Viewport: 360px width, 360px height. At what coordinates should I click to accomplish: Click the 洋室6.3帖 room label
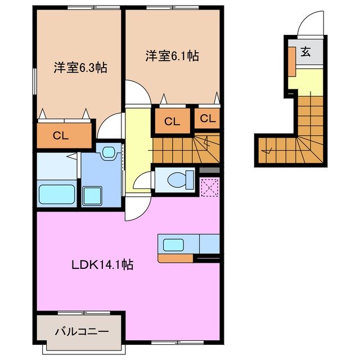(x=80, y=67)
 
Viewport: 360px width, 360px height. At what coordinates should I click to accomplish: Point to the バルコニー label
(x=81, y=331)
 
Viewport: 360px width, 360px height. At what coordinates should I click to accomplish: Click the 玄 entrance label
(x=305, y=52)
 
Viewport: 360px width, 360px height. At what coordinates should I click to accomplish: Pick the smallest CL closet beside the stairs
(x=208, y=119)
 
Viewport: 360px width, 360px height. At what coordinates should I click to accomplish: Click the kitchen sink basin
(x=173, y=245)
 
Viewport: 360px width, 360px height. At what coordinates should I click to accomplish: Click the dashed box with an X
(x=209, y=186)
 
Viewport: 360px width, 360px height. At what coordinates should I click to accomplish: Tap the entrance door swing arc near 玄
(x=310, y=25)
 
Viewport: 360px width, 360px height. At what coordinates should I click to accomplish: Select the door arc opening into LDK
(x=135, y=211)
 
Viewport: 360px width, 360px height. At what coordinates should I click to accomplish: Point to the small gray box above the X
(x=209, y=170)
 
